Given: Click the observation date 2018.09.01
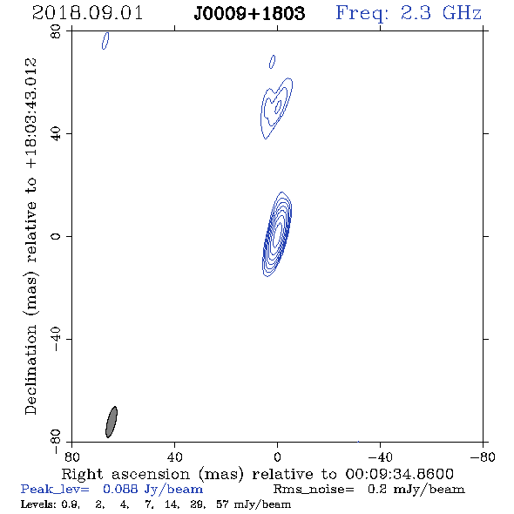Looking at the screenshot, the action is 87,13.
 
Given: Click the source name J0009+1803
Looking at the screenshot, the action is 249,14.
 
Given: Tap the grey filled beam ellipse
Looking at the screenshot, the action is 112,422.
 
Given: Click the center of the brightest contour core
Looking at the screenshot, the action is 278,232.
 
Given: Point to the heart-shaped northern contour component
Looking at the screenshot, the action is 276,108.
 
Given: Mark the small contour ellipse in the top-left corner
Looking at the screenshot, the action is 105,41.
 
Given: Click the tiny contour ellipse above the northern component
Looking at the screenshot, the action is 272,62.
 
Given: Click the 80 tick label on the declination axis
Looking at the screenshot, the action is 56,31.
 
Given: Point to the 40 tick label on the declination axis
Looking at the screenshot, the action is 56,134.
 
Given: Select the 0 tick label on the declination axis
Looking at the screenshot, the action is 56,236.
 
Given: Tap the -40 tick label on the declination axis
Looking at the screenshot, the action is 56,339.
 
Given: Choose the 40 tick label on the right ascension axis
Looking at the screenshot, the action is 175,457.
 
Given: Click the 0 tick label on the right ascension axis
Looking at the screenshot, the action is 277,457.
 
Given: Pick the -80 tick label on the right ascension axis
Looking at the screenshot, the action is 483,457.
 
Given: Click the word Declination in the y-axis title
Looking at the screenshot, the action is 30,369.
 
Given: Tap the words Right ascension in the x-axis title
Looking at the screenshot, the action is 125,474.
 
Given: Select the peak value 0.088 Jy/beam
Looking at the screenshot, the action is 152,490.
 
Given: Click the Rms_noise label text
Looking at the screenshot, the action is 314,490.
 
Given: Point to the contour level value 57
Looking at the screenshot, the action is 222,504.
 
